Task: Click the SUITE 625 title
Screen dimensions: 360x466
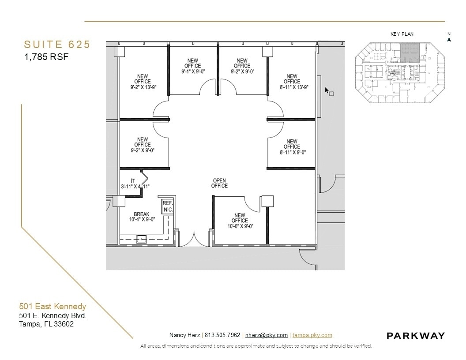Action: click(x=57, y=45)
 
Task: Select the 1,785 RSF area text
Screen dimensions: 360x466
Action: click(x=46, y=57)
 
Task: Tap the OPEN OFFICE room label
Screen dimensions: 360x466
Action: click(x=220, y=183)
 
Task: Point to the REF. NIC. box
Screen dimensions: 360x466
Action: click(x=167, y=206)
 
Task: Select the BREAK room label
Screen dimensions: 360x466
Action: click(x=141, y=217)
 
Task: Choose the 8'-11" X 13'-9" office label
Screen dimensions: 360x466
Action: click(x=292, y=82)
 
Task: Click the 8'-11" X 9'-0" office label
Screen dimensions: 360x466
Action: click(x=292, y=147)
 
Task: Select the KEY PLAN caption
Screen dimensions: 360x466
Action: click(x=402, y=34)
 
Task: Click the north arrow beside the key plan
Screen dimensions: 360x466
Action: click(x=449, y=38)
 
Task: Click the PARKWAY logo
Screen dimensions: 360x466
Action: click(x=416, y=336)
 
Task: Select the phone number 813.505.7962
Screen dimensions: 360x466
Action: click(x=222, y=335)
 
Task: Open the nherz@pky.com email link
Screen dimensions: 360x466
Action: click(x=266, y=335)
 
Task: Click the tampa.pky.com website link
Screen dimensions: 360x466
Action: click(x=312, y=335)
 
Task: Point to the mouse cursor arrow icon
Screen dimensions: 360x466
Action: click(x=327, y=90)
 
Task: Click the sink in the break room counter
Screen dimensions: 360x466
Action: click(x=141, y=239)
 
